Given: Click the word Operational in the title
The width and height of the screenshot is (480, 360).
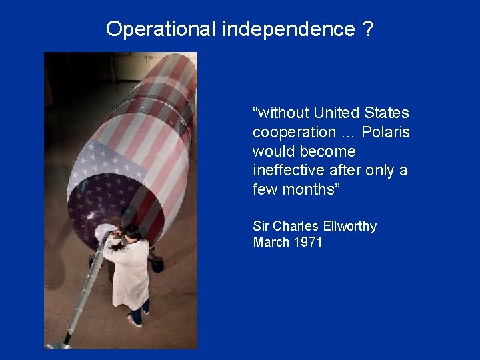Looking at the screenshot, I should [161, 29].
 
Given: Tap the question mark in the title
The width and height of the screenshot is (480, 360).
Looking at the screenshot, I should [369, 29].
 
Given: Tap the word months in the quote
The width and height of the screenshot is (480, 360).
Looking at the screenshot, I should [311, 189].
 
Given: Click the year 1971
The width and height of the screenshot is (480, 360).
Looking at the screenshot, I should [307, 242].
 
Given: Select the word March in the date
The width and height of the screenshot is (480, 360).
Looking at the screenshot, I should [271, 242].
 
